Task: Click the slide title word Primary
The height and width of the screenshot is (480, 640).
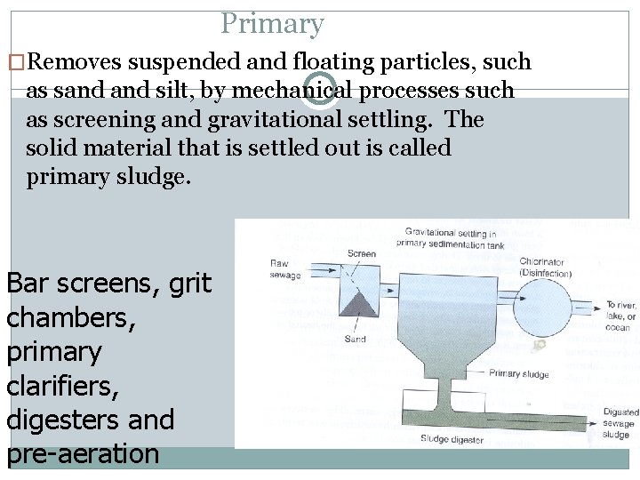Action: pos(272,23)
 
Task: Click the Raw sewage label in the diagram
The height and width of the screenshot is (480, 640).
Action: pos(285,269)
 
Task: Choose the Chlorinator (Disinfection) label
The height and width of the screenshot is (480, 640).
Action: pos(544,268)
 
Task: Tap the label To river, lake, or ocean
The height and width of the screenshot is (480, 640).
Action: pos(620,316)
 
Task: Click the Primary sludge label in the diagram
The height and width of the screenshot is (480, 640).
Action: pos(518,374)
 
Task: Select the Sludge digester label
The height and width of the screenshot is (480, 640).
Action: pos(452,439)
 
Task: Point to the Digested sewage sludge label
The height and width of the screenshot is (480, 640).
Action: pos(620,423)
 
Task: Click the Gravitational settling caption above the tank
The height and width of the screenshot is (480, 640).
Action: pos(450,236)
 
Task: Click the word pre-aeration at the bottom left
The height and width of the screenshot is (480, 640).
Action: pos(83,453)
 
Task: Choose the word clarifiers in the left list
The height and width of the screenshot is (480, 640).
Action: pos(63,385)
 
